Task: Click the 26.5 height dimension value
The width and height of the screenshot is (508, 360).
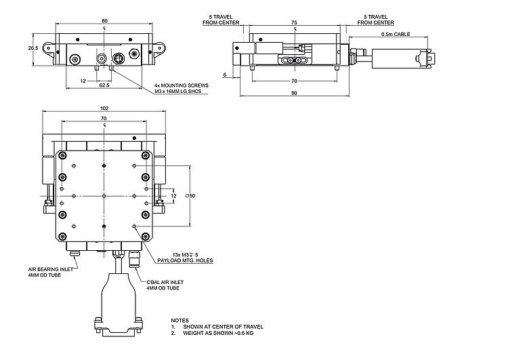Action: click(x=33, y=49)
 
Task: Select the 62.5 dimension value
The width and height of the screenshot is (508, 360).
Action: click(x=104, y=87)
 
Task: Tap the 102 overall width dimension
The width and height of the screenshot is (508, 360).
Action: click(x=104, y=108)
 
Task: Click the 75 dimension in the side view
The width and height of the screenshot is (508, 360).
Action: click(x=293, y=22)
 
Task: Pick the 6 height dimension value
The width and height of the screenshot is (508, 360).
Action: click(x=224, y=74)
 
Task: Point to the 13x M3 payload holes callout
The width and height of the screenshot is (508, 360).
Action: click(x=184, y=256)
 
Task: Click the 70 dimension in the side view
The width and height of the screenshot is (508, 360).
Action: click(x=293, y=81)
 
